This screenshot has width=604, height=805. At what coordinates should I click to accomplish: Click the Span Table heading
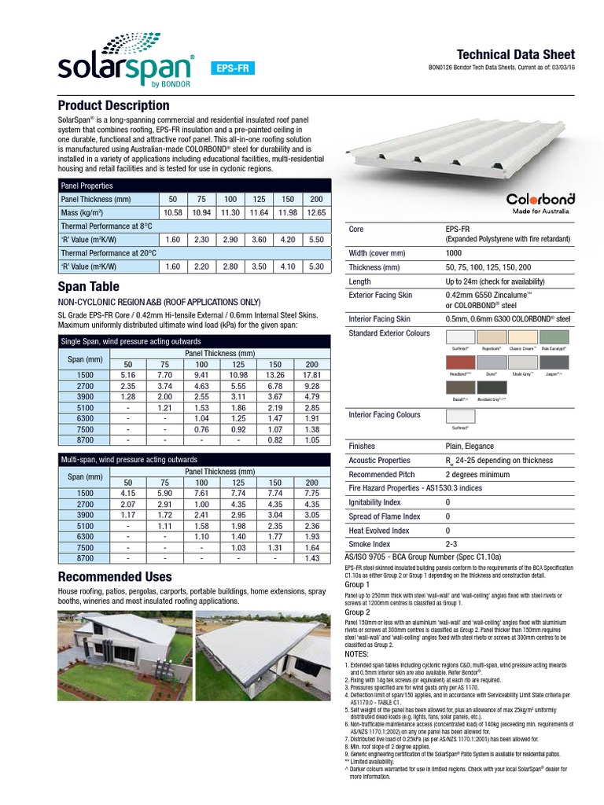[x=88, y=287]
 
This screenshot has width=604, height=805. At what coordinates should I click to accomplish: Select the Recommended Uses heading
[x=114, y=577]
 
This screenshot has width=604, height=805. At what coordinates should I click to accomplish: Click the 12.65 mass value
[x=317, y=213]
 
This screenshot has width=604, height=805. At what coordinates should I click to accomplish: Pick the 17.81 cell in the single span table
[x=311, y=376]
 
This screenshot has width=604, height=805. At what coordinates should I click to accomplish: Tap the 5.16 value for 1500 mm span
[x=127, y=376]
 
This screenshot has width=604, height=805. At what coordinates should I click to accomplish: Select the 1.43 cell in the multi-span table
[x=311, y=557]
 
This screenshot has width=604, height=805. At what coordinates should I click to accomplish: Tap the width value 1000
[x=455, y=253]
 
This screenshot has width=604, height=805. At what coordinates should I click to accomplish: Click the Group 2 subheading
[x=357, y=612]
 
